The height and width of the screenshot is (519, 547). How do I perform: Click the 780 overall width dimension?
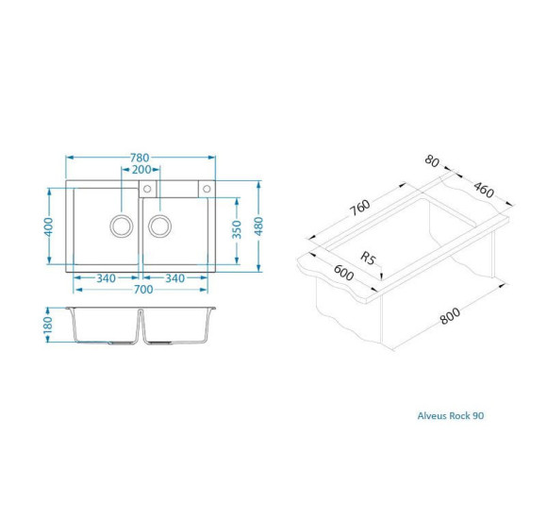[x=140, y=158]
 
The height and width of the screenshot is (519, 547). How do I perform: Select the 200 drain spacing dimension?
[x=141, y=170]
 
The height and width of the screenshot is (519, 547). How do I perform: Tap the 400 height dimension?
[x=48, y=226]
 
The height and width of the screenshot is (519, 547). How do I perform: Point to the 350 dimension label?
[x=237, y=229]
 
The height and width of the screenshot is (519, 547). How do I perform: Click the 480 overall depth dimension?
[x=258, y=226]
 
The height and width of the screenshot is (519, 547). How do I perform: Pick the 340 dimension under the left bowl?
[x=106, y=278]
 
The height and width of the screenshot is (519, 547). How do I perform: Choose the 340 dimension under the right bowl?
[x=174, y=278]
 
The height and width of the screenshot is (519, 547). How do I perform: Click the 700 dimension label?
[x=143, y=290]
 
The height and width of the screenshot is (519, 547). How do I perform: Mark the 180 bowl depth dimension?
[x=48, y=325]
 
